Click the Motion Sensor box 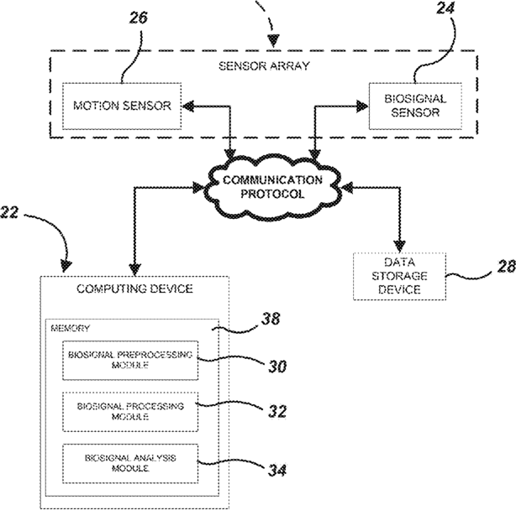tap(122, 106)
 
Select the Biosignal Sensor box tap(415, 106)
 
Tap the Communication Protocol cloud tap(272, 188)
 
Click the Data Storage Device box tap(399, 276)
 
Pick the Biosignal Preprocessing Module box tap(130, 360)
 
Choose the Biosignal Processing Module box tap(130, 412)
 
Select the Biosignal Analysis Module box tap(130, 463)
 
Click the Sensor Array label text tap(264, 66)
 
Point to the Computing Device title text tap(134, 289)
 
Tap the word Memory tap(70, 328)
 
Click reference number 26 tap(138, 18)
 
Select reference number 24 tap(445, 8)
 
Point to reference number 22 tap(9, 212)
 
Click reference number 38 tap(271, 318)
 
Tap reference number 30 tap(277, 367)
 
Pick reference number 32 tap(277, 412)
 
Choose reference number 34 tap(277, 471)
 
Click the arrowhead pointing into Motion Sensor tap(188, 106)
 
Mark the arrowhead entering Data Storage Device tap(400, 247)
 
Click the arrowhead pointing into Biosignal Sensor tap(362, 106)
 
